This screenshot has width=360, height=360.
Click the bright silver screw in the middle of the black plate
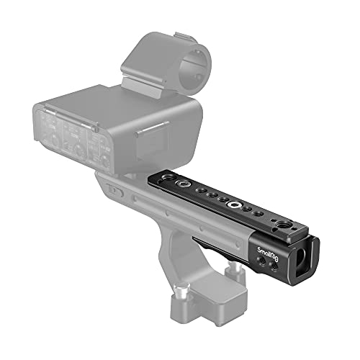coord(233,206)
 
